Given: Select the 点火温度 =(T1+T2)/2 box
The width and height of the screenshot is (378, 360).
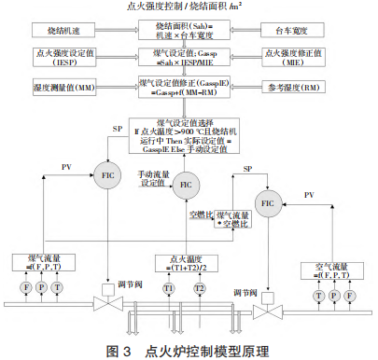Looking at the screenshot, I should [x=183, y=265].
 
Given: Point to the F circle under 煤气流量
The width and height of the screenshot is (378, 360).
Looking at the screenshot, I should [x=26, y=288].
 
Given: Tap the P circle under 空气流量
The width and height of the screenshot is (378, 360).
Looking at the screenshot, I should [x=335, y=294].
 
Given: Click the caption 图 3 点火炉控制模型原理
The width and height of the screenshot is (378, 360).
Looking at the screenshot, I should [x=189, y=350].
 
